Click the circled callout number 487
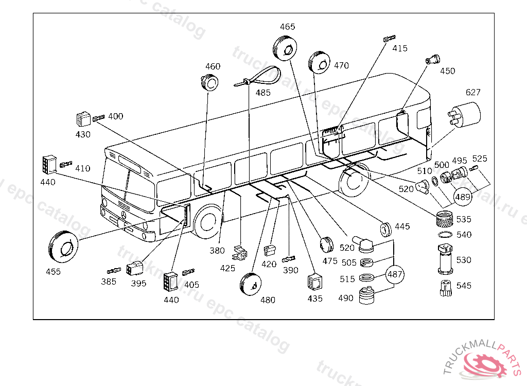(395, 274)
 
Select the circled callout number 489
(463, 197)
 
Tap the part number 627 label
(473, 92)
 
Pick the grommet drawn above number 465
(285, 48)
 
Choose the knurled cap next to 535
(444, 219)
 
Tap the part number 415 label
(400, 48)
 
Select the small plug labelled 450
(432, 60)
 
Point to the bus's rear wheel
(352, 181)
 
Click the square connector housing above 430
(83, 119)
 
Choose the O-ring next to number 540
(445, 234)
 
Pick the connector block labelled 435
(314, 283)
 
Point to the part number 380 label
(217, 251)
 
